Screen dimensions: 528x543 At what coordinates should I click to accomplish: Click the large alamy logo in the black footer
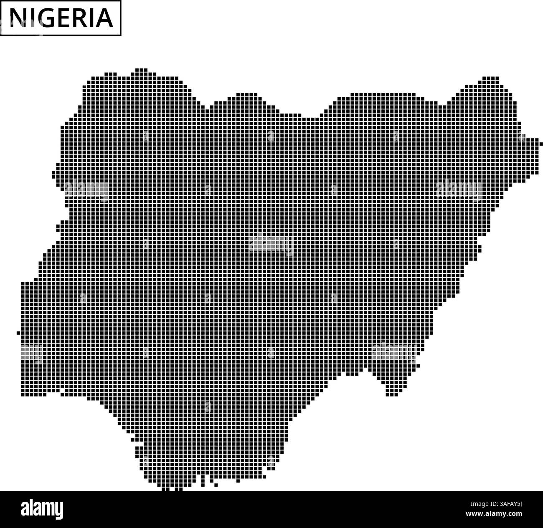(42, 509)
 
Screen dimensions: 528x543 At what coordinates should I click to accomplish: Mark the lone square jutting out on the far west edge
(18, 333)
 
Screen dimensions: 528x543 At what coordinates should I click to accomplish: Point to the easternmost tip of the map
(541, 144)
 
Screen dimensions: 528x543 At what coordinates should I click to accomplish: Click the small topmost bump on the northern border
(141, 70)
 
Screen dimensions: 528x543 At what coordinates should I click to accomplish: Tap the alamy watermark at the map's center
(271, 244)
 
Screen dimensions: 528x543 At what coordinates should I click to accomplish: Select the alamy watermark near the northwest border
(86, 191)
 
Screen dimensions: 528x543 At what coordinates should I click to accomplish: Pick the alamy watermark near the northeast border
(458, 190)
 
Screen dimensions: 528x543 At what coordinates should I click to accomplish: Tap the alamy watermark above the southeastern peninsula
(394, 352)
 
